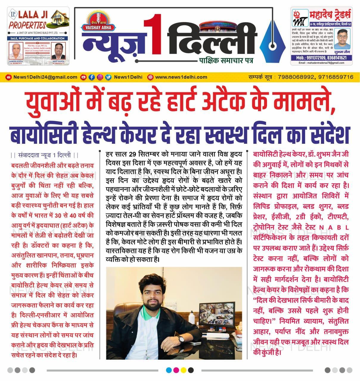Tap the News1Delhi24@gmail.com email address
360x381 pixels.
(45, 77)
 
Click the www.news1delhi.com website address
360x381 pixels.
(181, 77)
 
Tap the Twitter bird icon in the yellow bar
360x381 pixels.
(108, 77)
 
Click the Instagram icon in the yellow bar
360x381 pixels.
(100, 77)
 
